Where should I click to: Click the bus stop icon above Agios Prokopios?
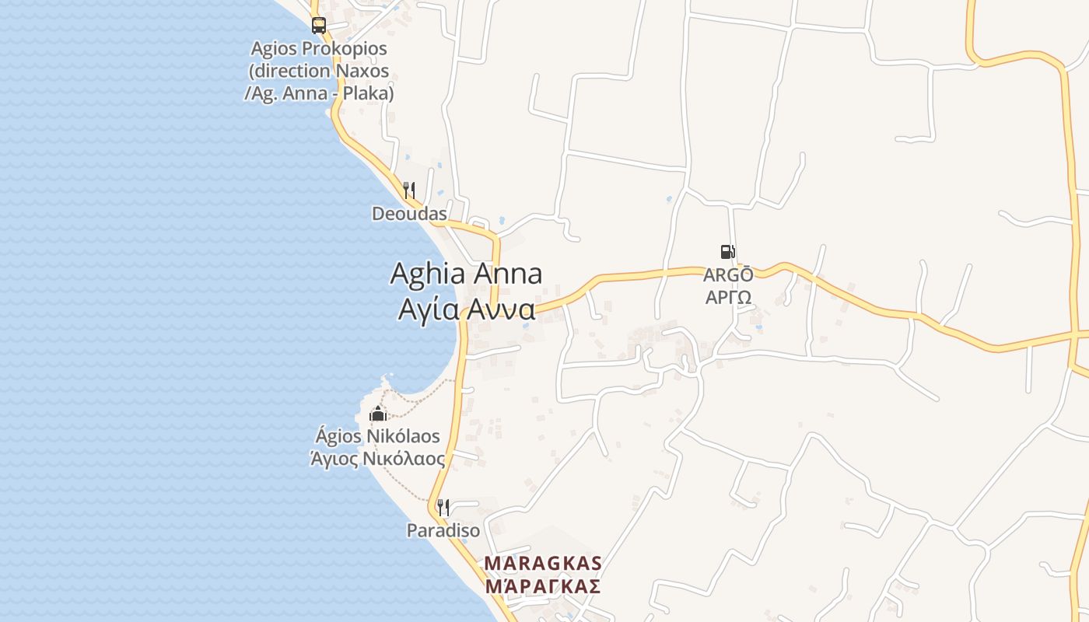click(319, 26)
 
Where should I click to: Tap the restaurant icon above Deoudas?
click(409, 190)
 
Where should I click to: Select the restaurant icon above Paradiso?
click(443, 508)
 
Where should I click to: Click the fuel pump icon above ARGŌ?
click(727, 252)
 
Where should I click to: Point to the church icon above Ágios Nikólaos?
click(378, 413)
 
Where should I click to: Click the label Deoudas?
click(409, 214)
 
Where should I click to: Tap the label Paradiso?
click(443, 530)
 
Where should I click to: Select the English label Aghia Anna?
click(466, 274)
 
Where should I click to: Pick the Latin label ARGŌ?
click(728, 275)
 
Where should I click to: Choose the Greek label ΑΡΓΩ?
click(728, 297)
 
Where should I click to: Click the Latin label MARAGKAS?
click(543, 563)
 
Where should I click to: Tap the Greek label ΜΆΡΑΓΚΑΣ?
click(543, 586)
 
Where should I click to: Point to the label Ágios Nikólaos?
click(377, 436)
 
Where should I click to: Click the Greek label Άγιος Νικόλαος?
click(377, 459)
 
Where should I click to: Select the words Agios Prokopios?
click(319, 48)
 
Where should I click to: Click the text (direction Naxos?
click(319, 71)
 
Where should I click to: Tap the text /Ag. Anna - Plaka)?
click(319, 93)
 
